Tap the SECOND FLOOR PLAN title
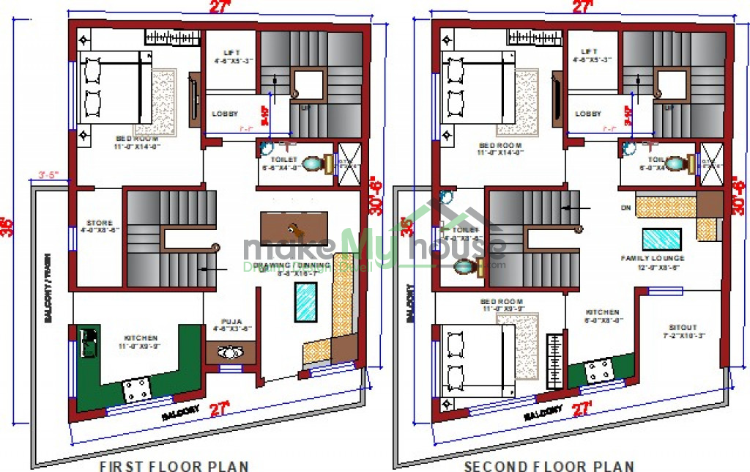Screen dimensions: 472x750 (549, 465)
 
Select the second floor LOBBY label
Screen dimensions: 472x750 (588, 114)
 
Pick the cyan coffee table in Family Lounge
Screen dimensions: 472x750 (661, 240)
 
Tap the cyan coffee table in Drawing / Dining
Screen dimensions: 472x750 (305, 302)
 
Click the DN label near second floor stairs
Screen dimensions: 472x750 (625, 207)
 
